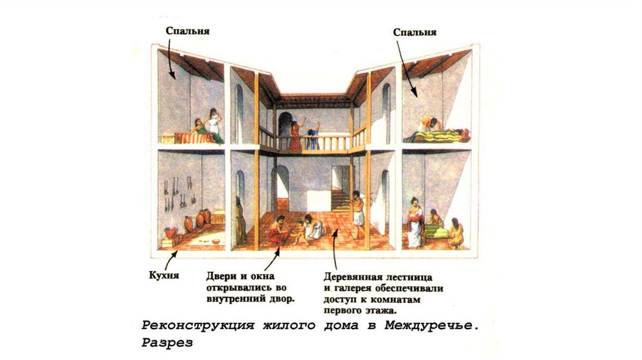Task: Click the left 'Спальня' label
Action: click(x=187, y=31)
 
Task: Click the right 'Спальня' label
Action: click(x=415, y=32)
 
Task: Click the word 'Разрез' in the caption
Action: click(x=167, y=343)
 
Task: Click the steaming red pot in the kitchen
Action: click(x=170, y=231)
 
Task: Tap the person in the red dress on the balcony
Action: click(x=294, y=135)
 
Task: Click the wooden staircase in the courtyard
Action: click(x=340, y=199)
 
